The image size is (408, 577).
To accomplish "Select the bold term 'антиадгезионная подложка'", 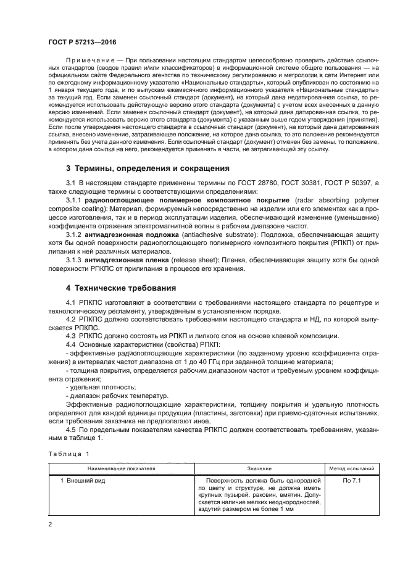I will (127, 235).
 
